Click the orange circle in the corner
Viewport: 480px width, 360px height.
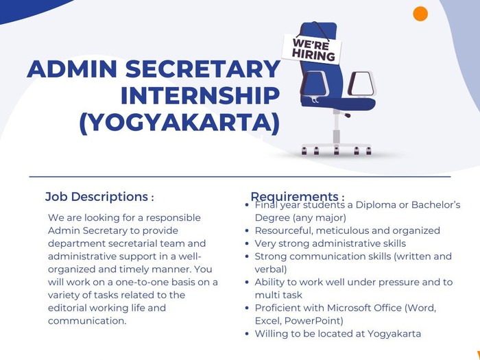[x=420, y=14]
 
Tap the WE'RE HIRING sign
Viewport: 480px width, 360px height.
[x=311, y=49]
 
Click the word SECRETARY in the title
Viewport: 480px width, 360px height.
[x=203, y=69]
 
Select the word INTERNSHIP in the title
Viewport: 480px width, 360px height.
[x=200, y=96]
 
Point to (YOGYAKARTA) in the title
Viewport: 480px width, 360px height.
[x=180, y=123]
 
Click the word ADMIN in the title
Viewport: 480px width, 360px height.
[x=72, y=69]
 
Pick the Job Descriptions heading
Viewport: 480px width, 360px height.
[x=99, y=197]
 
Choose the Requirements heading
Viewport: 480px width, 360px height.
[x=298, y=197]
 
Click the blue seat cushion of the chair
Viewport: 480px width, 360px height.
[x=338, y=104]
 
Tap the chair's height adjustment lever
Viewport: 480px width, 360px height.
[x=346, y=114]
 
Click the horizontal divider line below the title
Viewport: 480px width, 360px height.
[x=240, y=177]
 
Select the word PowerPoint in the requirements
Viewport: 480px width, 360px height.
[x=314, y=321]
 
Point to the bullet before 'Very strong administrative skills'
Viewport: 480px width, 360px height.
[x=248, y=243]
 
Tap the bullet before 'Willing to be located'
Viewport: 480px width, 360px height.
[x=248, y=334]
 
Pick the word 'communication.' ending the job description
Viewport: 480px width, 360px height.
[x=87, y=321]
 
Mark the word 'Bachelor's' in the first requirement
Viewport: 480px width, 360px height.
[x=435, y=204]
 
